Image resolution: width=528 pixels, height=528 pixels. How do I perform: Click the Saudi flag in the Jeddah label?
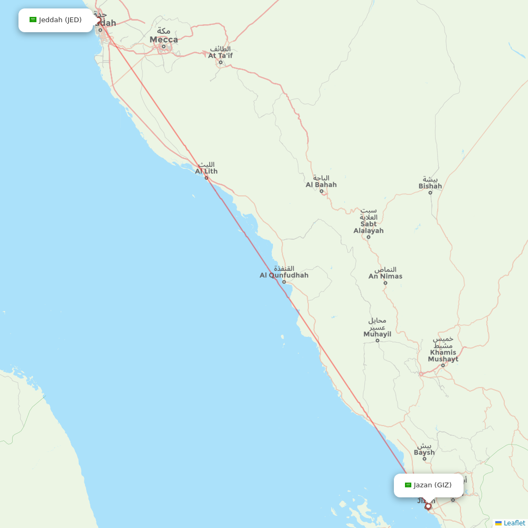[x=33, y=20]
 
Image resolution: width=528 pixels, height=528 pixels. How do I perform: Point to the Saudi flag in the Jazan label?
[x=408, y=485]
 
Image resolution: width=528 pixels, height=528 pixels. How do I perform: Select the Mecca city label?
[x=164, y=39]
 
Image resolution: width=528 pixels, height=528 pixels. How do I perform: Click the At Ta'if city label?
[x=220, y=55]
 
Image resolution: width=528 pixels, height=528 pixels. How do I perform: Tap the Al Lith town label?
[x=206, y=171]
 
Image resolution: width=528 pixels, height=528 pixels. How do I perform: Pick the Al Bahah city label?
[x=321, y=185]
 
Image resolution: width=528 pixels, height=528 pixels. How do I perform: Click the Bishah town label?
[x=430, y=186]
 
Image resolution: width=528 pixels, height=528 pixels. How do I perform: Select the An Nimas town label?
[x=385, y=276]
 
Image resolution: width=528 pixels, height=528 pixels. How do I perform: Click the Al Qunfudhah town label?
[x=284, y=275]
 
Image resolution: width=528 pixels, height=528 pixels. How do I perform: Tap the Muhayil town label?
[x=377, y=334]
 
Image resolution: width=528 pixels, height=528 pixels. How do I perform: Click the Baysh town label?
[x=424, y=452]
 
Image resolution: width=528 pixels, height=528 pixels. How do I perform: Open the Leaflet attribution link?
[x=514, y=523]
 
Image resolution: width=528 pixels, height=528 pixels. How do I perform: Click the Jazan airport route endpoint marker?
[x=428, y=506]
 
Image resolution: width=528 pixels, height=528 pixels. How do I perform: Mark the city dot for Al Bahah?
[x=322, y=191]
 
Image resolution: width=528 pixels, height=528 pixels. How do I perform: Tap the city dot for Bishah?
[x=430, y=193]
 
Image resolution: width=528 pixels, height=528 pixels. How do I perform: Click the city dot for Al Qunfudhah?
[x=284, y=282]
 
